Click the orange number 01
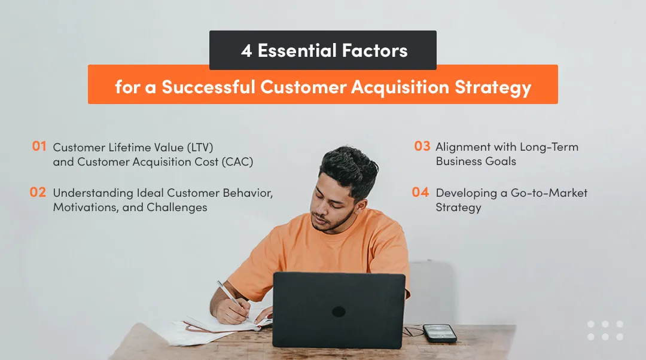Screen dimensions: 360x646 tap(39, 146)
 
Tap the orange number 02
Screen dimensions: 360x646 tap(38, 192)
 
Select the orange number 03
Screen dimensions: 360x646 tap(422, 146)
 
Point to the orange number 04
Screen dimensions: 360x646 tap(421, 192)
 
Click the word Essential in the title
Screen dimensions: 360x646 tap(292, 51)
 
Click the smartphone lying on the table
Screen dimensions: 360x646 tap(439, 332)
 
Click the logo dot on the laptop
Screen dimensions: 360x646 tap(339, 312)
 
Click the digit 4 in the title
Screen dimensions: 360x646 tap(246, 51)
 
